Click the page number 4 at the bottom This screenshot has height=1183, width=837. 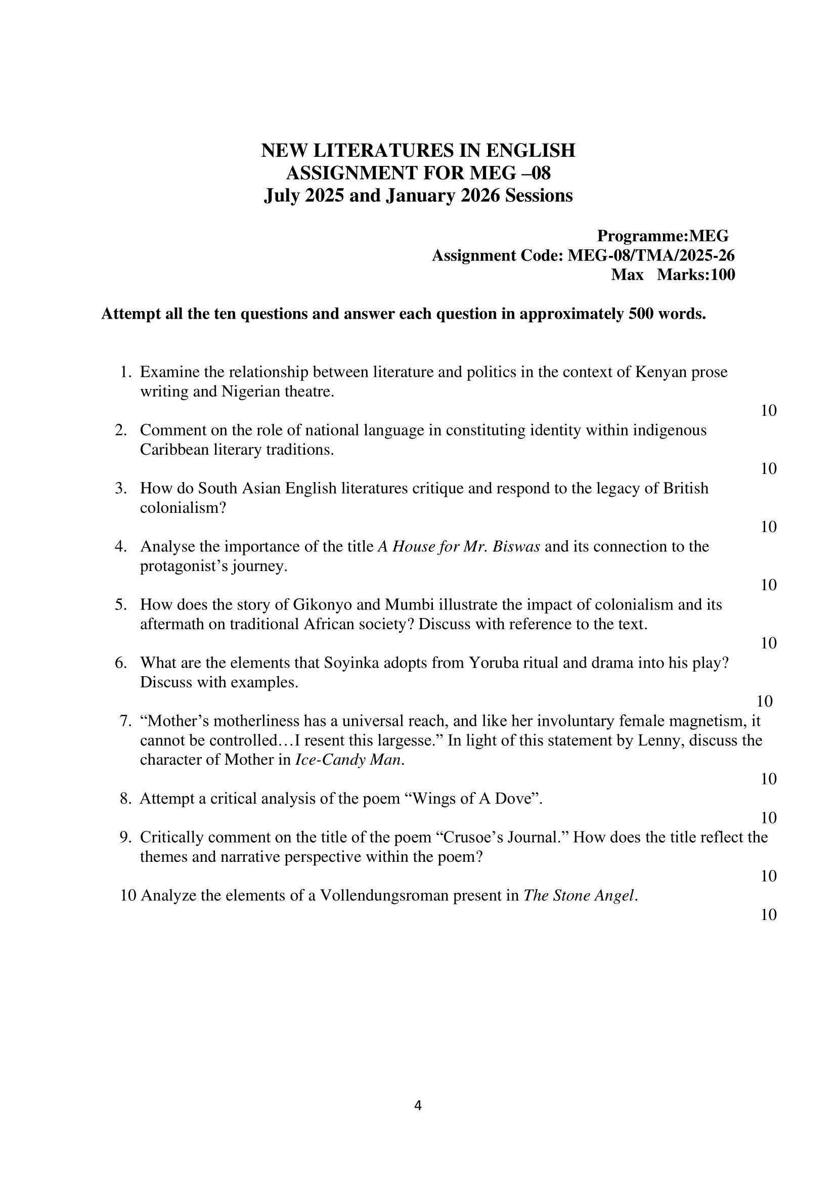(x=418, y=1105)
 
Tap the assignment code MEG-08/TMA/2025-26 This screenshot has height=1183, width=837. (x=651, y=256)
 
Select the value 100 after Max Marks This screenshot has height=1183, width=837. (x=723, y=275)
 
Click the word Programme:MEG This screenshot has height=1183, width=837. (x=663, y=236)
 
